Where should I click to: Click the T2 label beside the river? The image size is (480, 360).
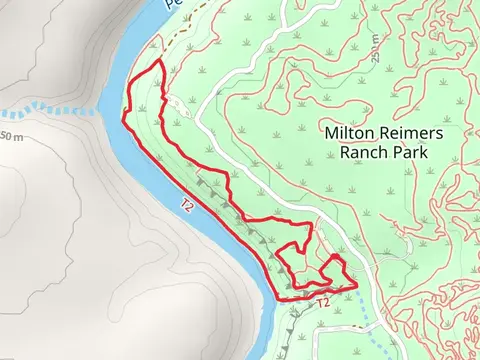coord(187,205)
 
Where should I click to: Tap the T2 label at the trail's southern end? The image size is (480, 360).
coord(322,302)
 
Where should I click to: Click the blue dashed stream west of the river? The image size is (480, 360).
coord(50,108)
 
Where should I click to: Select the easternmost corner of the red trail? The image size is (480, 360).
coord(356,287)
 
